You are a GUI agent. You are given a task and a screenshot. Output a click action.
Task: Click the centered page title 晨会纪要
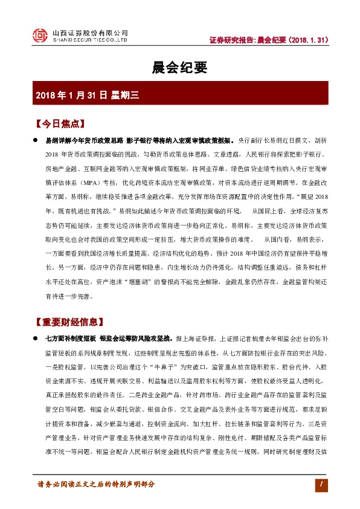coord(179,66)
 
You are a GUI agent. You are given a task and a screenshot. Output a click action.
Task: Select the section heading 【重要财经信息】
coord(69,321)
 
